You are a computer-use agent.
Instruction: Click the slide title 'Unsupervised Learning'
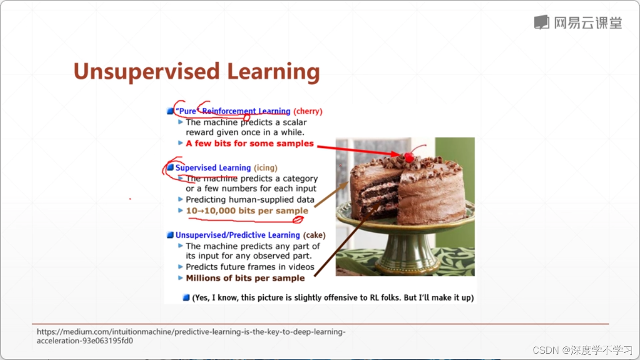(x=196, y=72)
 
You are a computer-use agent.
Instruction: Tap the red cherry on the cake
(x=409, y=157)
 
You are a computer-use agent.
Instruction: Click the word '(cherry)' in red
(x=308, y=111)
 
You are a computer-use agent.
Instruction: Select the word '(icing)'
(x=266, y=167)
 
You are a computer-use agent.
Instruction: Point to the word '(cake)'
(x=314, y=235)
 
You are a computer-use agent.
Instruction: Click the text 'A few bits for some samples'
(x=249, y=143)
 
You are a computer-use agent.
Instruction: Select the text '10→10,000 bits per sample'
(x=247, y=211)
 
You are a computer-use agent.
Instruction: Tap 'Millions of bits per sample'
(x=245, y=278)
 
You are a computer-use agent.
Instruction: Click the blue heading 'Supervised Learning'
(x=213, y=167)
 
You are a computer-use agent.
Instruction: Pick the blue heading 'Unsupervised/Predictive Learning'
(x=238, y=235)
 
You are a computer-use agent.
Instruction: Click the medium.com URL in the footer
(x=191, y=336)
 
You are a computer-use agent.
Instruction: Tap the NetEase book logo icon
(x=542, y=22)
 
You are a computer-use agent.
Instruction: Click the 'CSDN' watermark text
(x=545, y=349)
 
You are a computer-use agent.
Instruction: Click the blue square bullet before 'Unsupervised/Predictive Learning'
(x=171, y=235)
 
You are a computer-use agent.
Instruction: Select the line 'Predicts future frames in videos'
(x=250, y=266)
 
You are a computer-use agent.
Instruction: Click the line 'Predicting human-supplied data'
(x=250, y=199)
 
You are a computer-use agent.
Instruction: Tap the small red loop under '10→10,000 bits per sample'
(x=298, y=219)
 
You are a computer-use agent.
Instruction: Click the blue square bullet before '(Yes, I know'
(x=186, y=297)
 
